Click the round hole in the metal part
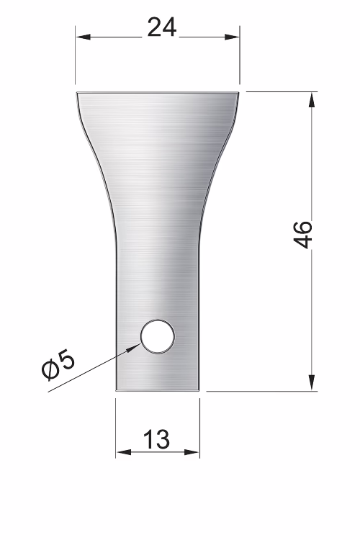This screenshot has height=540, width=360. click(157, 336)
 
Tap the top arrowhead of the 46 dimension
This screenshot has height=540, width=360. click(312, 98)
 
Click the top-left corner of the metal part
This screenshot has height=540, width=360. click(76, 92)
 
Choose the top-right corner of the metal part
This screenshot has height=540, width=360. click(239, 92)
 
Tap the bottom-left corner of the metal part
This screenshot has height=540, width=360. click(117, 390)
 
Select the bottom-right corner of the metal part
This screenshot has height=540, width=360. click(199, 390)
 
